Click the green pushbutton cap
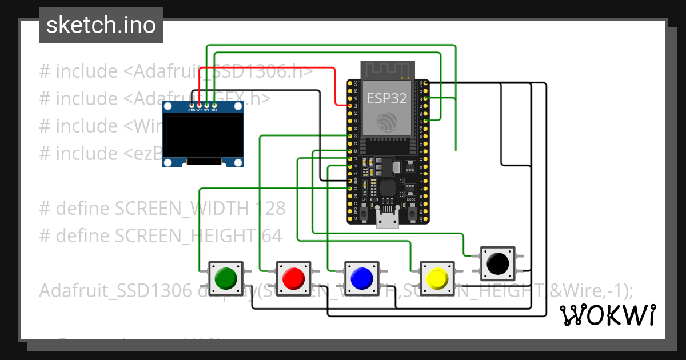point(226,278)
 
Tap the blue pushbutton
point(361,278)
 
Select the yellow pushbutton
point(437,278)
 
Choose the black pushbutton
point(498,263)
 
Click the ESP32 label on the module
point(386,98)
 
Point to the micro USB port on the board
point(388,218)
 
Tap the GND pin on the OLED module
point(192,106)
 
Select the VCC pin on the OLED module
point(199,106)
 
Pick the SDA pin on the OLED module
point(214,106)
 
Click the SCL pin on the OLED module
point(206,106)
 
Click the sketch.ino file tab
point(101,25)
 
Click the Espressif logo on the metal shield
point(386,122)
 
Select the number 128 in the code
point(268,209)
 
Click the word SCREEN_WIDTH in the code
point(182,209)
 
